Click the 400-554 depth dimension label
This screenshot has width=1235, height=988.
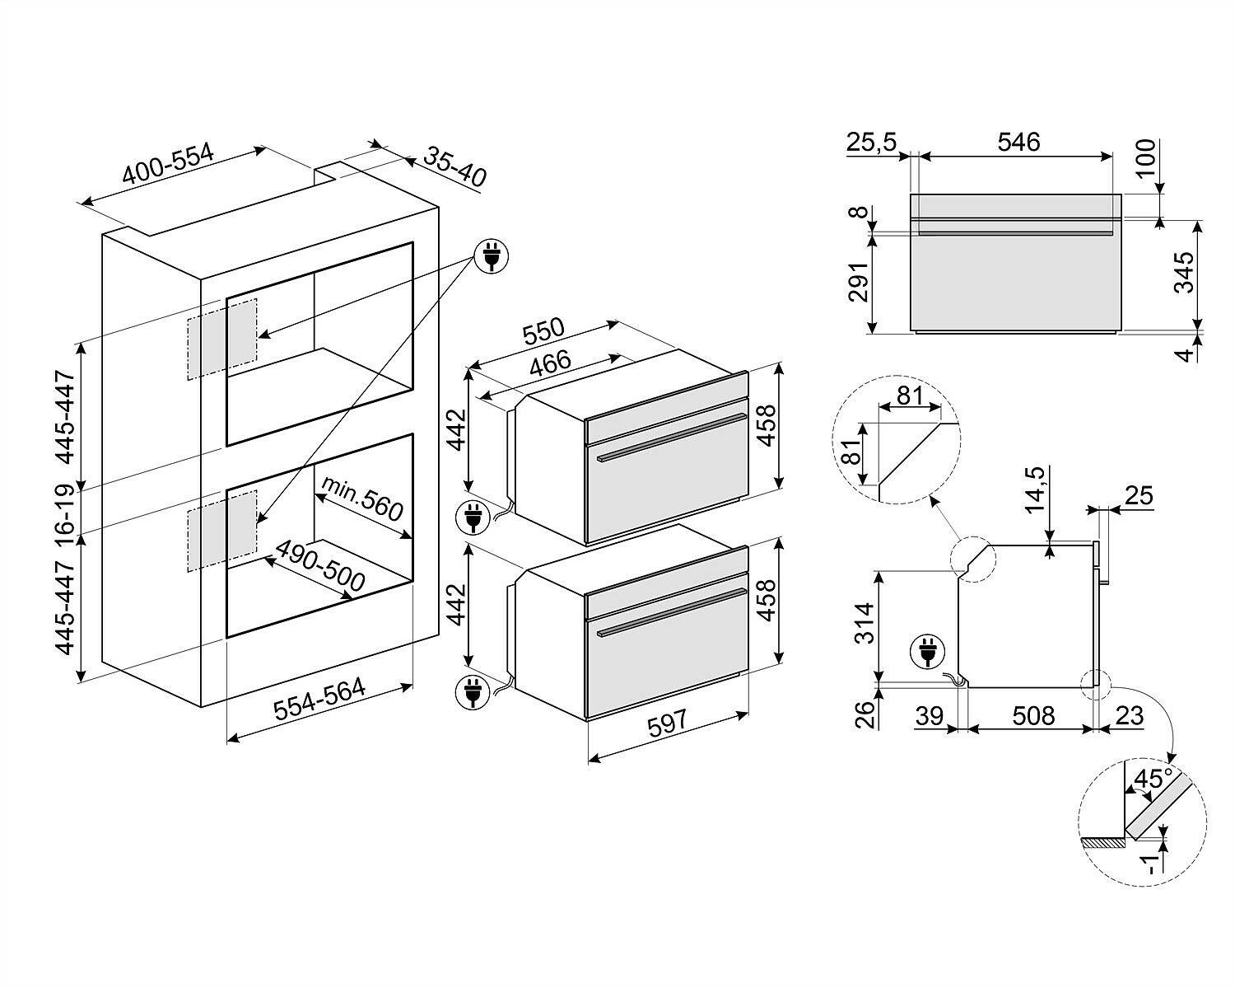click(168, 164)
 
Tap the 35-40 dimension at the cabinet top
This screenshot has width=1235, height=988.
click(454, 167)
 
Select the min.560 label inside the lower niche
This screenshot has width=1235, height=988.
click(362, 499)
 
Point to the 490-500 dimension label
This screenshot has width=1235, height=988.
click(320, 566)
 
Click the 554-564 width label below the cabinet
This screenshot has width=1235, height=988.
click(319, 699)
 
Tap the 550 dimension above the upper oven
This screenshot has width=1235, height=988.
click(543, 330)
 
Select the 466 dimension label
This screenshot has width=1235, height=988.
click(550, 363)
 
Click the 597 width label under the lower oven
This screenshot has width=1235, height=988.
click(666, 723)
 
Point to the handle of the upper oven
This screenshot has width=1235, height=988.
click(672, 437)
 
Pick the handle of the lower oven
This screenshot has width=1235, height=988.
click(672, 612)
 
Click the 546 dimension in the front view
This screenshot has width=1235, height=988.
click(1018, 142)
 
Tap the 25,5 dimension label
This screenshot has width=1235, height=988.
click(871, 142)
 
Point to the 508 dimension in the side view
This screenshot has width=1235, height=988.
click(1033, 716)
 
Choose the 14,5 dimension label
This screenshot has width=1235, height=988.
click(1034, 490)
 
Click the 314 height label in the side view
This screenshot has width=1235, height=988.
click(864, 623)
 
